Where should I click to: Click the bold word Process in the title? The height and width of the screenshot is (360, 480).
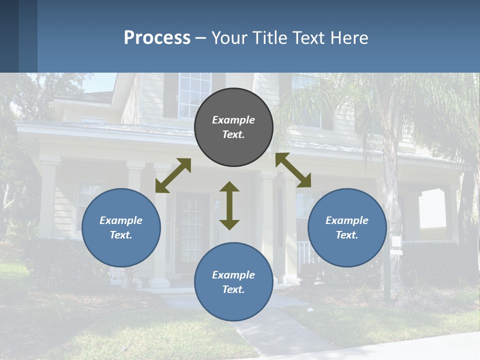pyautogui.click(x=157, y=38)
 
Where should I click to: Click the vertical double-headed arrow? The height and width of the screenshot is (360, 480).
pyautogui.click(x=229, y=205)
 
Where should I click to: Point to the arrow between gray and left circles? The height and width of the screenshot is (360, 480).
pyautogui.click(x=173, y=175)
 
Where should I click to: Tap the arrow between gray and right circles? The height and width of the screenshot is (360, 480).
pyautogui.click(x=293, y=170)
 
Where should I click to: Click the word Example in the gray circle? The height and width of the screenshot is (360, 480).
pyautogui.click(x=233, y=120)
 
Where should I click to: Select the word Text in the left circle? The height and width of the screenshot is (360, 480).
pyautogui.click(x=121, y=235)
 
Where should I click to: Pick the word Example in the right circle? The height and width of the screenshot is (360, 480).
pyautogui.click(x=347, y=220)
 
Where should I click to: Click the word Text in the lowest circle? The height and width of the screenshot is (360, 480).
pyautogui.click(x=233, y=289)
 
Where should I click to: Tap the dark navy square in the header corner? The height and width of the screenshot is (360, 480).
pyautogui.click(x=9, y=36)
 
